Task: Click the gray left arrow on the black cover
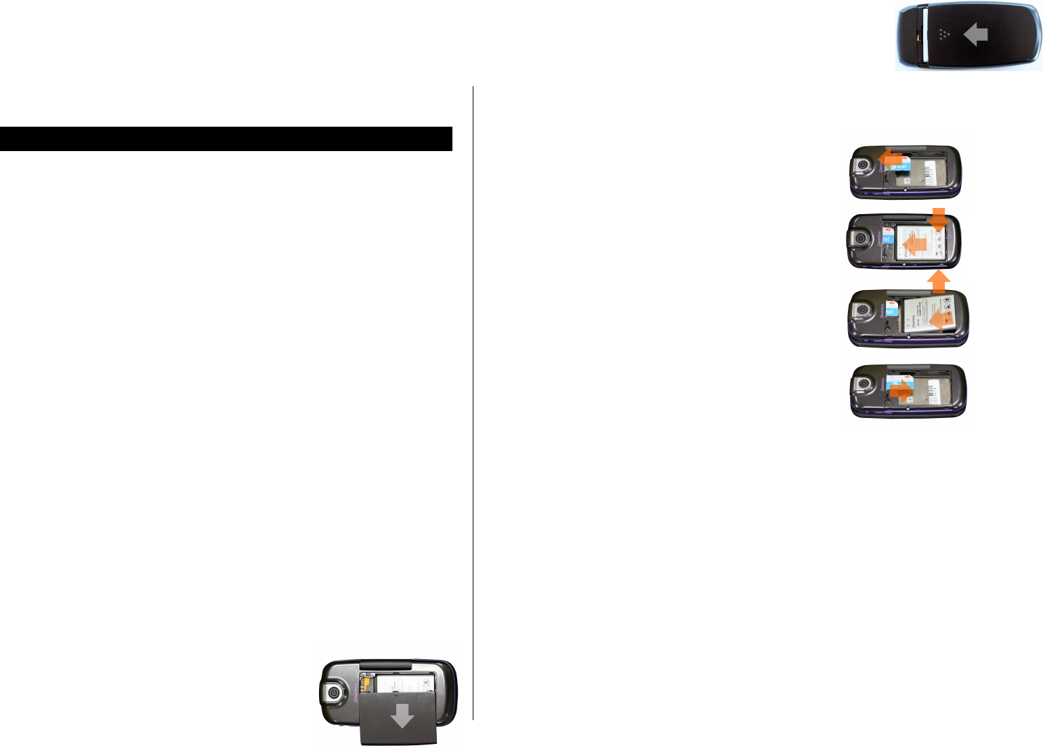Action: pyautogui.click(x=976, y=35)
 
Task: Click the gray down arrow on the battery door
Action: pyautogui.click(x=402, y=716)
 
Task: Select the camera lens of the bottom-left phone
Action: pyautogui.click(x=333, y=692)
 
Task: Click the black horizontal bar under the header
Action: pyautogui.click(x=226, y=139)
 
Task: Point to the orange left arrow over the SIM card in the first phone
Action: pyautogui.click(x=889, y=160)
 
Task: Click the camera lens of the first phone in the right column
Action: pyautogui.click(x=864, y=165)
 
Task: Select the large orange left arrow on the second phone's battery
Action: pyautogui.click(x=915, y=243)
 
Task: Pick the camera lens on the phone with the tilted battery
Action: pyautogui.click(x=863, y=311)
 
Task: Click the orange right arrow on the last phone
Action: pyautogui.click(x=901, y=391)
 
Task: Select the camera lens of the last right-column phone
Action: pyautogui.click(x=864, y=385)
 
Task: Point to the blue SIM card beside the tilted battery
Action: pyautogui.click(x=891, y=312)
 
